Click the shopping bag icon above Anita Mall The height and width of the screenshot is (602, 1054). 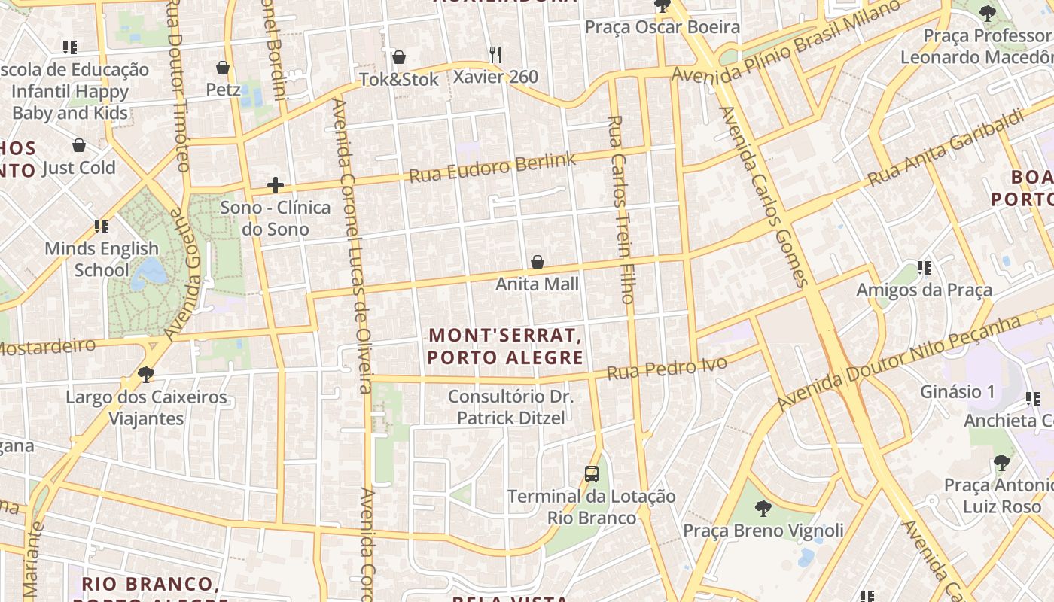pos(538,262)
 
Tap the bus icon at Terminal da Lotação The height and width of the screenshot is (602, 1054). pos(592,474)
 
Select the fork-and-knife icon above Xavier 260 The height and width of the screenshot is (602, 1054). pos(495,54)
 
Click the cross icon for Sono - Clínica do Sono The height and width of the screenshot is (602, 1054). pos(276,184)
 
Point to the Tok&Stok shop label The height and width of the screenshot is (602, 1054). pos(399,79)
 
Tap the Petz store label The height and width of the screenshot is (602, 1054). pos(224,90)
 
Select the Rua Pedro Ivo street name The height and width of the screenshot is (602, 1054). pos(667,368)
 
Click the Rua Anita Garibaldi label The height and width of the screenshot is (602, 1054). pos(946,147)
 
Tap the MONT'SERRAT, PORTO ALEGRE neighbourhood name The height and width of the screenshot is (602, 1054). pos(505,346)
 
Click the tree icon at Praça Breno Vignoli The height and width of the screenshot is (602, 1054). pos(763,508)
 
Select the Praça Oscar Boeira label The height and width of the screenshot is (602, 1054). pos(663,28)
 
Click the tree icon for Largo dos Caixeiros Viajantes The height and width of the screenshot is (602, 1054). pos(146,374)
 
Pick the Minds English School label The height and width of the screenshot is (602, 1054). pos(102,259)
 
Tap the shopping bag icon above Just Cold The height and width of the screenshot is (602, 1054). pos(79,145)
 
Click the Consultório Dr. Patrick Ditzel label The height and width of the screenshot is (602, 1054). pos(510,407)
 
